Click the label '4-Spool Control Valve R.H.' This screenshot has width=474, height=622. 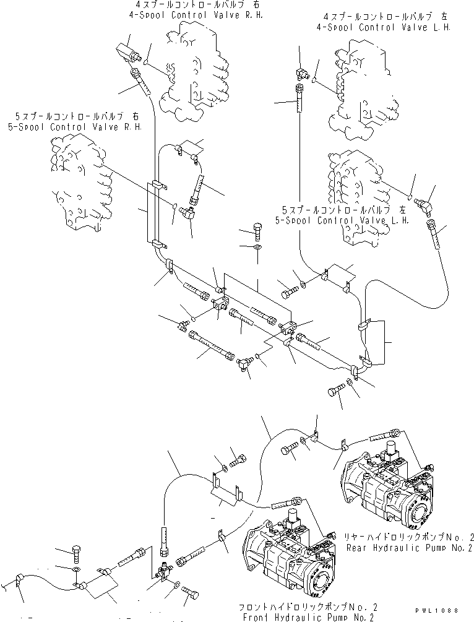click(195, 15)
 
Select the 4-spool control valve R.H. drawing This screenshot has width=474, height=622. click(195, 68)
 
